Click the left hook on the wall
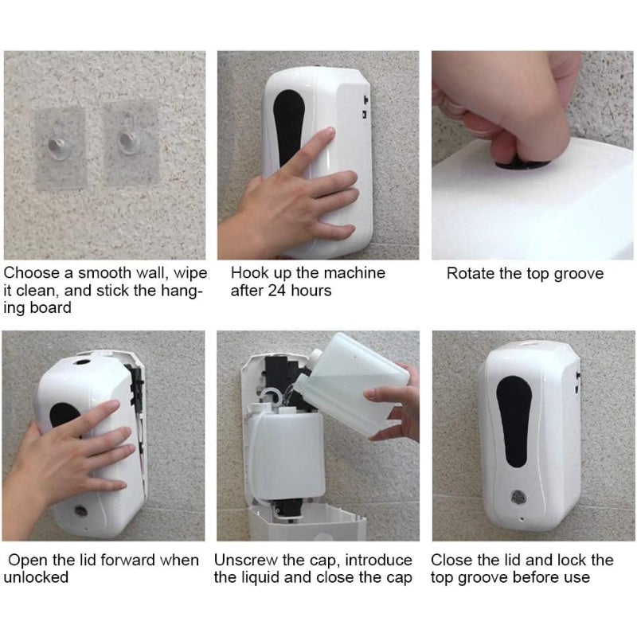tap(58, 144)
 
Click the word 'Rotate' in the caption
tap(471, 274)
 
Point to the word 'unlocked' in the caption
tap(36, 577)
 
